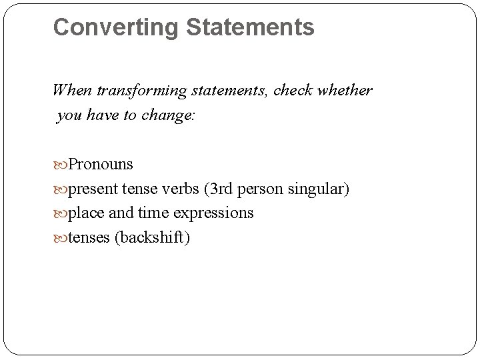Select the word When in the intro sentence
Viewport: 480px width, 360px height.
coord(69,90)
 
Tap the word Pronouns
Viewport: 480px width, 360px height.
coord(101,164)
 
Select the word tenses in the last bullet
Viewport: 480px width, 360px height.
coord(89,238)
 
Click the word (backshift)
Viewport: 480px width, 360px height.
coord(153,238)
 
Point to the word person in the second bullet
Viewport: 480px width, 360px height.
coord(263,189)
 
